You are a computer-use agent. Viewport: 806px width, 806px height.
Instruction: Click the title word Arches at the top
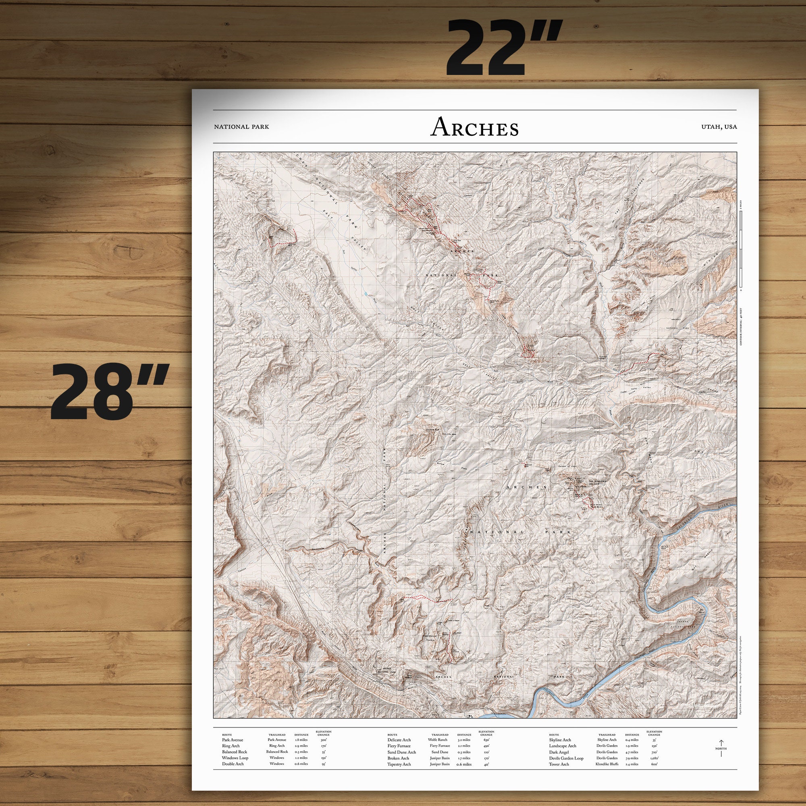pos(474,127)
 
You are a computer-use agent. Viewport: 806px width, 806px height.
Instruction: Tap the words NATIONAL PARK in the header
pos(241,127)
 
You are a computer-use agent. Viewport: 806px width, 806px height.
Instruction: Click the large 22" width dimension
pos(505,48)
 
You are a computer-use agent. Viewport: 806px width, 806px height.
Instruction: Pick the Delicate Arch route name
pos(399,740)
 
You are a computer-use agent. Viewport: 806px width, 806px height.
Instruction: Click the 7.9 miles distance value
pos(632,758)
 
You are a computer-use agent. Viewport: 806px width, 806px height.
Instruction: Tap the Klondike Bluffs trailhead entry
pos(607,764)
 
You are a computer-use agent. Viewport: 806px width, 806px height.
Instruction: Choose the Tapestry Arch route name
pos(399,764)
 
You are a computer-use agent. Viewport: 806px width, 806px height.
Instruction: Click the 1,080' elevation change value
pos(654,758)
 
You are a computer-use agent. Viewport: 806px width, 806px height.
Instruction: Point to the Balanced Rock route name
pos(235,752)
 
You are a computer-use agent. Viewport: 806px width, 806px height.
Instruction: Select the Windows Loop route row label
pos(235,758)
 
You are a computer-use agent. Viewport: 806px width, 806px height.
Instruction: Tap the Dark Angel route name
pos(559,752)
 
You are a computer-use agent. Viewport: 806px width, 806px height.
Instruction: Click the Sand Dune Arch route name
pos(401,752)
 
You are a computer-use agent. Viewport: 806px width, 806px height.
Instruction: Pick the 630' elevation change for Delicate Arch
pos(486,740)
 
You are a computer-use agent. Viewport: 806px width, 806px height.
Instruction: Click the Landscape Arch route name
pos(562,746)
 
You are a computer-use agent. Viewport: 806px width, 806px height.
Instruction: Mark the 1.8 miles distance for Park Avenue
pos(301,740)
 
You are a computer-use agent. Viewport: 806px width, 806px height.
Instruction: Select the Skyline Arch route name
pos(560,740)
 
